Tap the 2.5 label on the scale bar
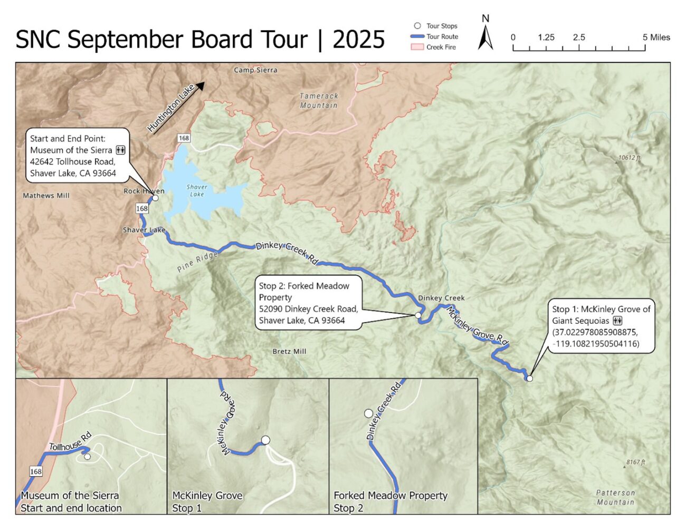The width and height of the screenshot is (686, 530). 579,37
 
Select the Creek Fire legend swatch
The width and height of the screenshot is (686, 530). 417,47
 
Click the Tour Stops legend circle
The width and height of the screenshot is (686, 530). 417,26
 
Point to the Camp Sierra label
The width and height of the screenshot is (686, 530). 255,70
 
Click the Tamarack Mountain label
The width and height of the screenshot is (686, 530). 319,101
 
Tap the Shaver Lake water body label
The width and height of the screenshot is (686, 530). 197,190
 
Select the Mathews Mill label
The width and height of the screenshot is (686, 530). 46,196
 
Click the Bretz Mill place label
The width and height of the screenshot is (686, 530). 289,351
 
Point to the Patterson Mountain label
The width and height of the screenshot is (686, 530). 615,497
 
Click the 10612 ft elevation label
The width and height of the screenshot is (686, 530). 629,158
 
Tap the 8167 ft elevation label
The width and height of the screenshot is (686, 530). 635,462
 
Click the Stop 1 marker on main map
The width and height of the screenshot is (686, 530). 530,378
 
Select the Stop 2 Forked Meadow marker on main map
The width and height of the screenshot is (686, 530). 418,315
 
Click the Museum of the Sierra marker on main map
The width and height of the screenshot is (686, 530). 155,198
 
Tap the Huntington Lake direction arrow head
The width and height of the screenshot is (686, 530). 200,86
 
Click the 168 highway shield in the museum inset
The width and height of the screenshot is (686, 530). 35,471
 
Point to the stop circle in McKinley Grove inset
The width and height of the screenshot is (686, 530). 265,440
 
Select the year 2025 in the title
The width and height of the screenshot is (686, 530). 358,40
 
